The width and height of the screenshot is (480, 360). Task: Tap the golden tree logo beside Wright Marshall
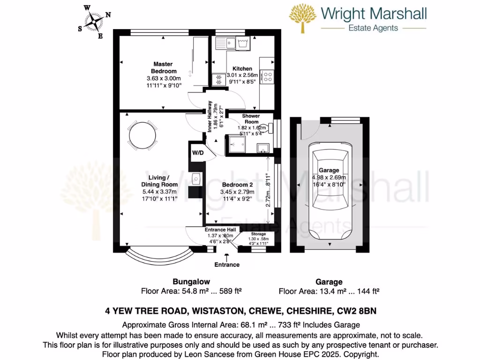coord(302,19)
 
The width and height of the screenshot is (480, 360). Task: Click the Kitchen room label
coord(242,68)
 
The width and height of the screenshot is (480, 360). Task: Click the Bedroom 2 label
coord(237,184)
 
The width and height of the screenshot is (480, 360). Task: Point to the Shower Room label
coord(251,119)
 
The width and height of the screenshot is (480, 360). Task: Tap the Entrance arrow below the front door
coord(227,256)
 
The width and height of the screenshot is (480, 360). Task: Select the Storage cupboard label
coord(258,234)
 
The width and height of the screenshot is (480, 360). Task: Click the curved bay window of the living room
coord(159,257)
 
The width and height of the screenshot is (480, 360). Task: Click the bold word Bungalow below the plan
coord(191,282)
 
